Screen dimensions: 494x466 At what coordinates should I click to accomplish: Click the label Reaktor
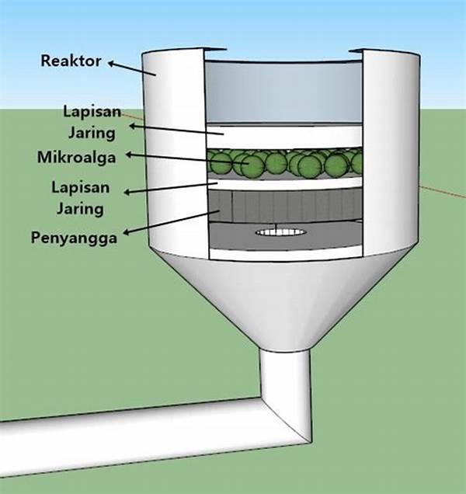coord(71,61)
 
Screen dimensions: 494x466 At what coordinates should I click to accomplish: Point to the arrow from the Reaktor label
coord(137,68)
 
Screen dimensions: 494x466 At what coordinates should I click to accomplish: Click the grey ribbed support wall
coord(283,206)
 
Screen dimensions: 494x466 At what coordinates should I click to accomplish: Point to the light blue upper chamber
coord(283,89)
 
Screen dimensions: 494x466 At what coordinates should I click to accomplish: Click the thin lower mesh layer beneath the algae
coord(283,181)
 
